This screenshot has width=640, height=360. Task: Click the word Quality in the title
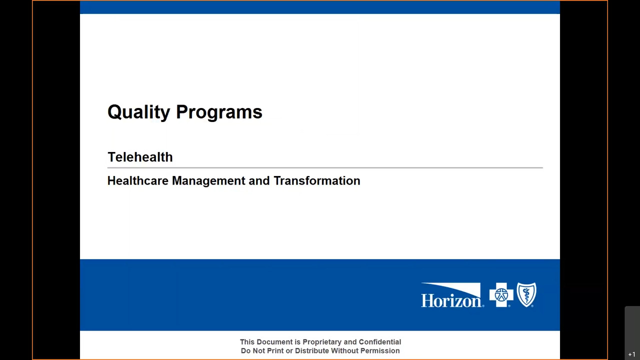139,112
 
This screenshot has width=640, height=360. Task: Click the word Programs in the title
219,112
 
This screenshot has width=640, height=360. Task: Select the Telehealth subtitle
140,157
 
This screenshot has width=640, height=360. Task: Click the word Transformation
317,180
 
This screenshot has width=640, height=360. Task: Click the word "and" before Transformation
259,180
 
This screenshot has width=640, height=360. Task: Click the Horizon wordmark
452,301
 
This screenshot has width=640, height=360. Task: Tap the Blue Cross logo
501,295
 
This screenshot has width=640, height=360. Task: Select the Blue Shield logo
526,294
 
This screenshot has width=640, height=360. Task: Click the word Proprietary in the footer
322,342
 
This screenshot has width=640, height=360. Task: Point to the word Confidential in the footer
379,341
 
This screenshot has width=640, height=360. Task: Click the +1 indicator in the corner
631,354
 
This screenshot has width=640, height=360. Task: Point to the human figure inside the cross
501,295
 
